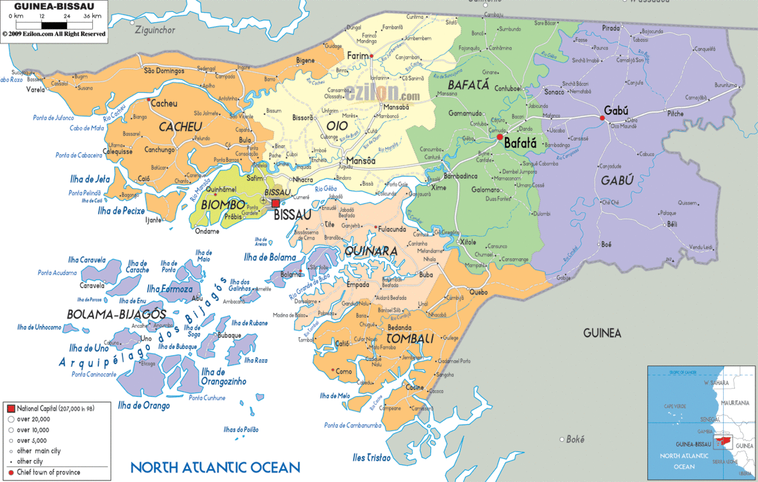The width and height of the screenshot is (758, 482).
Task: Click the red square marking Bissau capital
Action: click(x=275, y=203)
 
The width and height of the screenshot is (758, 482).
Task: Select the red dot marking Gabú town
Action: click(x=602, y=118)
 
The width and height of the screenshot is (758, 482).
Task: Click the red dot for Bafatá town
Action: click(x=500, y=137)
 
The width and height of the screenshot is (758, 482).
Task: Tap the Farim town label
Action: click(x=357, y=56)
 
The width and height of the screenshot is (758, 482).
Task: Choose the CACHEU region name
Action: click(x=180, y=127)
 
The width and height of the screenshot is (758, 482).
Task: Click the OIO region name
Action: click(x=336, y=125)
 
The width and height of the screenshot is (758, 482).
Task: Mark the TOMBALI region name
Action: click(x=410, y=338)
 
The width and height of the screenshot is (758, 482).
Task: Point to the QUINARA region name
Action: click(x=370, y=251)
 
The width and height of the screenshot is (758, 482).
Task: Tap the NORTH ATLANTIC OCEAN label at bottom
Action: click(x=215, y=467)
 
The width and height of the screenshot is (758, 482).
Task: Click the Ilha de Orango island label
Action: click(x=144, y=406)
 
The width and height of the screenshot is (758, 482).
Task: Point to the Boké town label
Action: click(x=575, y=439)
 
